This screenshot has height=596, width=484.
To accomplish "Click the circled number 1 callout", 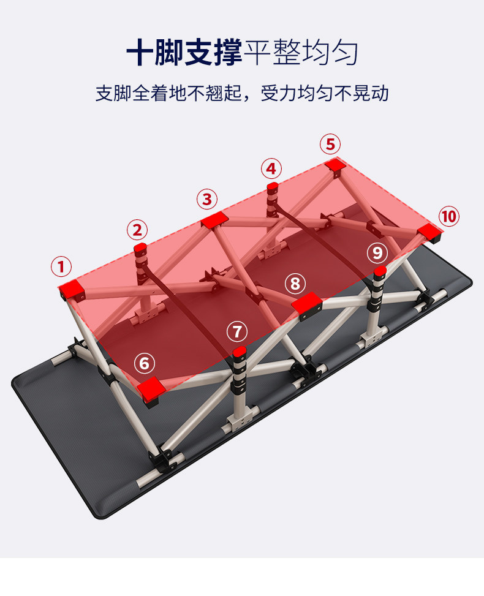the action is click(x=61, y=267).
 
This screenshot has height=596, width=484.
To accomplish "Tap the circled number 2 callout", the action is click(x=137, y=230).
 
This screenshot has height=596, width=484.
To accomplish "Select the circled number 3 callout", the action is click(x=207, y=199).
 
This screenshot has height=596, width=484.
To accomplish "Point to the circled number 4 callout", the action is click(x=271, y=168).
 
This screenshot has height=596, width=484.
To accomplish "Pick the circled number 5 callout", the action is click(x=330, y=145).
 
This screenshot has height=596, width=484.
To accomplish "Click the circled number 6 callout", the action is click(x=145, y=363).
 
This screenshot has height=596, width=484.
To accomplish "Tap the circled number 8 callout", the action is click(x=295, y=284).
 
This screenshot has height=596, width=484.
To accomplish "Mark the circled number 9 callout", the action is click(x=377, y=252).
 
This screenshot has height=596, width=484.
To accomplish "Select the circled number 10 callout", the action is click(x=448, y=216).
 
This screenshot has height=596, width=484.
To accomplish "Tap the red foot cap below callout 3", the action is click(x=214, y=221).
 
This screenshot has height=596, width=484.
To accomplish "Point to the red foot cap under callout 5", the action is click(x=335, y=164).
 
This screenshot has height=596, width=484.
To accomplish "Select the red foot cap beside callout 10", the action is click(x=430, y=231).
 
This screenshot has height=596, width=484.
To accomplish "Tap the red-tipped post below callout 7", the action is click(x=239, y=353).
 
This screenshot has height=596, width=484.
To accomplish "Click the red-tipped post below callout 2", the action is click(x=141, y=249).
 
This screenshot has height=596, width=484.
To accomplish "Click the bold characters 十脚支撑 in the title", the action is click(x=184, y=53).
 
